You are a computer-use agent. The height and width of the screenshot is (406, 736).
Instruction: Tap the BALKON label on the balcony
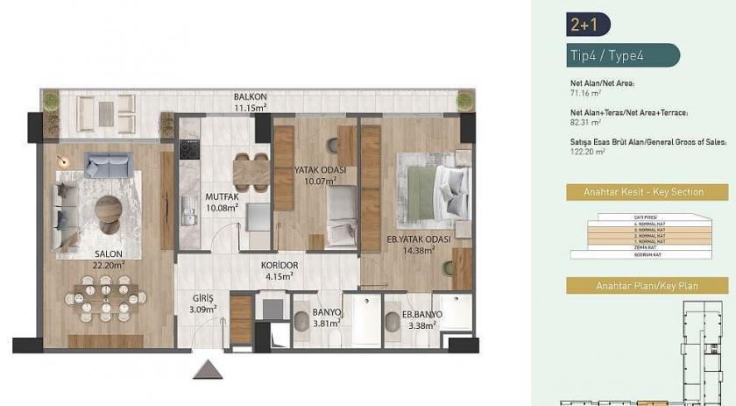[x=250, y=96]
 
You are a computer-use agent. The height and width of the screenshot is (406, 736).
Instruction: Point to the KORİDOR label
[x=280, y=265]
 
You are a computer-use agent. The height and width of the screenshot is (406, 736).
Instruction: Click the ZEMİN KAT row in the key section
[x=649, y=248]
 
